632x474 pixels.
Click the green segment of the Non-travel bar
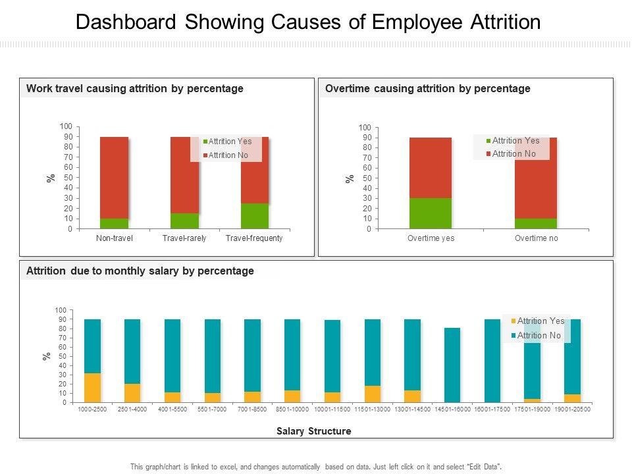click(x=114, y=224)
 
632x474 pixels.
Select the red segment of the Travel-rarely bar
click(x=184, y=174)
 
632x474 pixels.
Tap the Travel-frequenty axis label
click(x=254, y=238)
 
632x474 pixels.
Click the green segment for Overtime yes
click(x=431, y=213)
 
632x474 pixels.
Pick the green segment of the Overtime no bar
click(x=536, y=224)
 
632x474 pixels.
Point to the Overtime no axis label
click(x=536, y=238)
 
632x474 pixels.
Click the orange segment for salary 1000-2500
click(x=93, y=388)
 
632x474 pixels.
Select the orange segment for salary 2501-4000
click(x=132, y=393)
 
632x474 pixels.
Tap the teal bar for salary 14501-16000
click(x=452, y=365)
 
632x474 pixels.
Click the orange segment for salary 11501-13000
click(x=373, y=394)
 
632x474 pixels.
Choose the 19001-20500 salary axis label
click(x=572, y=409)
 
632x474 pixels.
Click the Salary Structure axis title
click(x=313, y=431)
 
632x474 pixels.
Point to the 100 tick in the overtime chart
click(x=365, y=127)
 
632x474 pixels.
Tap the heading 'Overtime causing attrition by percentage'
click(x=428, y=88)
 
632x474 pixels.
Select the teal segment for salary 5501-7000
click(x=213, y=355)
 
